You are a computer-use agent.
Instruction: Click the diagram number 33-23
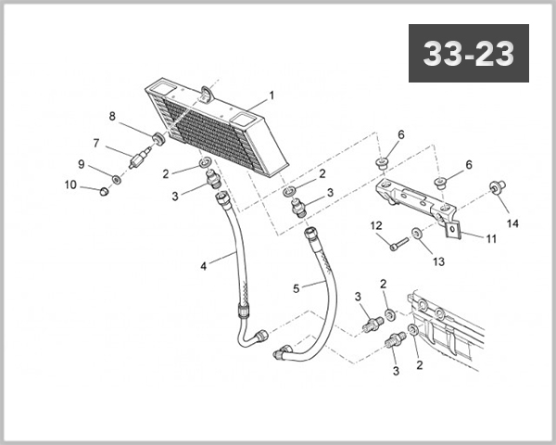pyautogui.click(x=468, y=55)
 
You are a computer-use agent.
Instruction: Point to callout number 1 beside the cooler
pyautogui.click(x=272, y=95)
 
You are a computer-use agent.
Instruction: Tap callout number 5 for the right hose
pyautogui.click(x=296, y=288)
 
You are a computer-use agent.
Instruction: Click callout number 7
pyautogui.click(x=95, y=144)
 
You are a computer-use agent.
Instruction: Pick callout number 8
pyautogui.click(x=112, y=117)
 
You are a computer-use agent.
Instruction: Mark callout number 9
pyautogui.click(x=81, y=164)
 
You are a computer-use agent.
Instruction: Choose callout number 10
pyautogui.click(x=71, y=184)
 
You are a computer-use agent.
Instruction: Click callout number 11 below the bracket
pyautogui.click(x=491, y=237)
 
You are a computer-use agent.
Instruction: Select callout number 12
pyautogui.click(x=376, y=225)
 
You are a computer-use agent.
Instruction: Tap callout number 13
pyautogui.click(x=438, y=262)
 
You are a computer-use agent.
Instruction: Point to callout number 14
pyautogui.click(x=512, y=223)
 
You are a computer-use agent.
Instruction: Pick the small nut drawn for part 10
pyautogui.click(x=104, y=192)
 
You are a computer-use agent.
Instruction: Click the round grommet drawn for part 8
pyautogui.click(x=159, y=139)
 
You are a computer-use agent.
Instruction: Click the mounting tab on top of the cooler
pyautogui.click(x=205, y=94)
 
